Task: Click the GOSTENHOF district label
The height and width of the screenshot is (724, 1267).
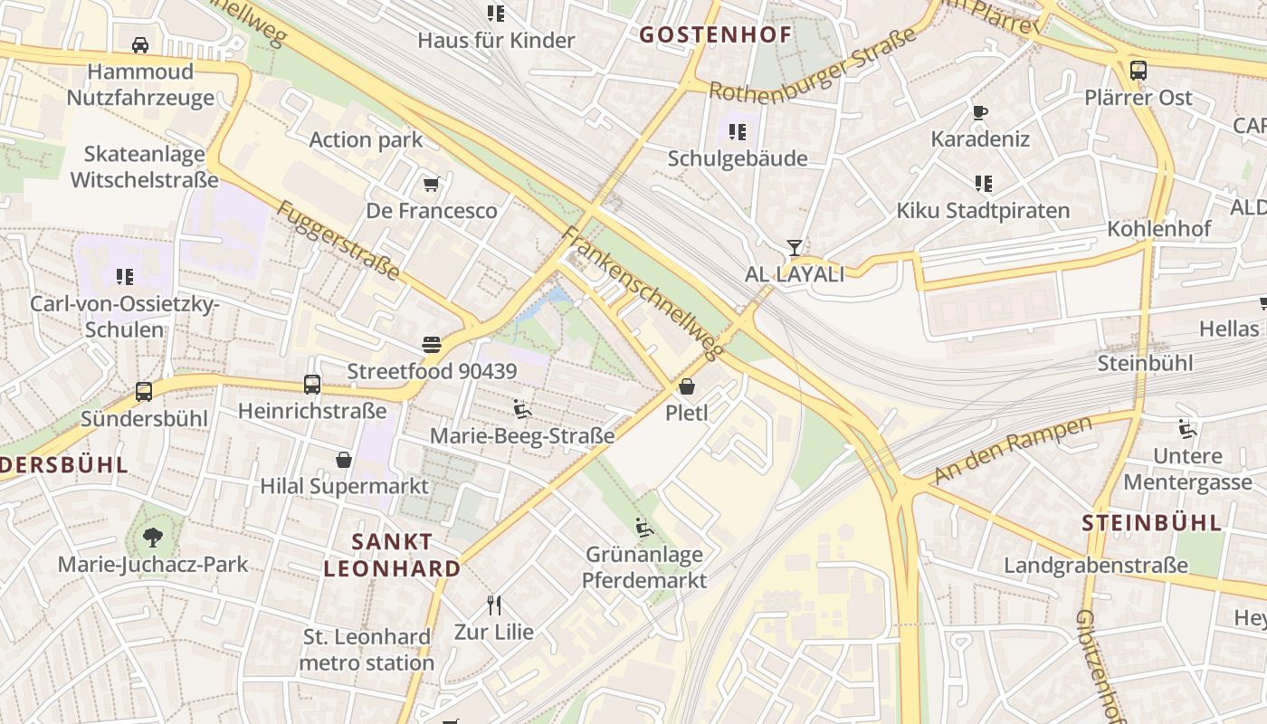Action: click(715, 35)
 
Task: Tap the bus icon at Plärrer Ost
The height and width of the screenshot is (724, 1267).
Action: click(1138, 70)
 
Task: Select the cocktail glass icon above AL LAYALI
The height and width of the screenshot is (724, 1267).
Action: click(794, 246)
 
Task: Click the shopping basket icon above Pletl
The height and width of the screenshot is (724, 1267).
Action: click(687, 386)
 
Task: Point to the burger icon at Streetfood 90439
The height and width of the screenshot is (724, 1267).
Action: click(432, 345)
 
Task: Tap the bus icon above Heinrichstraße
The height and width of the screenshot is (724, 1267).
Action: click(312, 384)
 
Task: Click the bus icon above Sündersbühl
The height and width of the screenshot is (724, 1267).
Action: click(144, 392)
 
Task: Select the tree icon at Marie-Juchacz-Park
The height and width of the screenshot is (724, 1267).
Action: click(152, 538)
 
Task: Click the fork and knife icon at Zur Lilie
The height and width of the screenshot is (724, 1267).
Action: click(494, 605)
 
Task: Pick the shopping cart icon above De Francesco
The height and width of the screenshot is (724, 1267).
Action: click(432, 185)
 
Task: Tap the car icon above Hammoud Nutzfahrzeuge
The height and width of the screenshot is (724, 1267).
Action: click(140, 44)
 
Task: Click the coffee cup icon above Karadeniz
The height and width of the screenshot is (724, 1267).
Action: click(980, 112)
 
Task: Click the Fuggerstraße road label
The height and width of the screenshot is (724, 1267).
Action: click(338, 241)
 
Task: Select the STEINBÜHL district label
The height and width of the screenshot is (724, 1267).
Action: click(1151, 523)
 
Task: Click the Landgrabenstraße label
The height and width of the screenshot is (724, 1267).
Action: click(1095, 566)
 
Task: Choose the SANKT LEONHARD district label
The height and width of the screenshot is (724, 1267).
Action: click(393, 556)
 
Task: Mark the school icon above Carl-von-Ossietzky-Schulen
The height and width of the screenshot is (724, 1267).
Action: click(125, 277)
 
